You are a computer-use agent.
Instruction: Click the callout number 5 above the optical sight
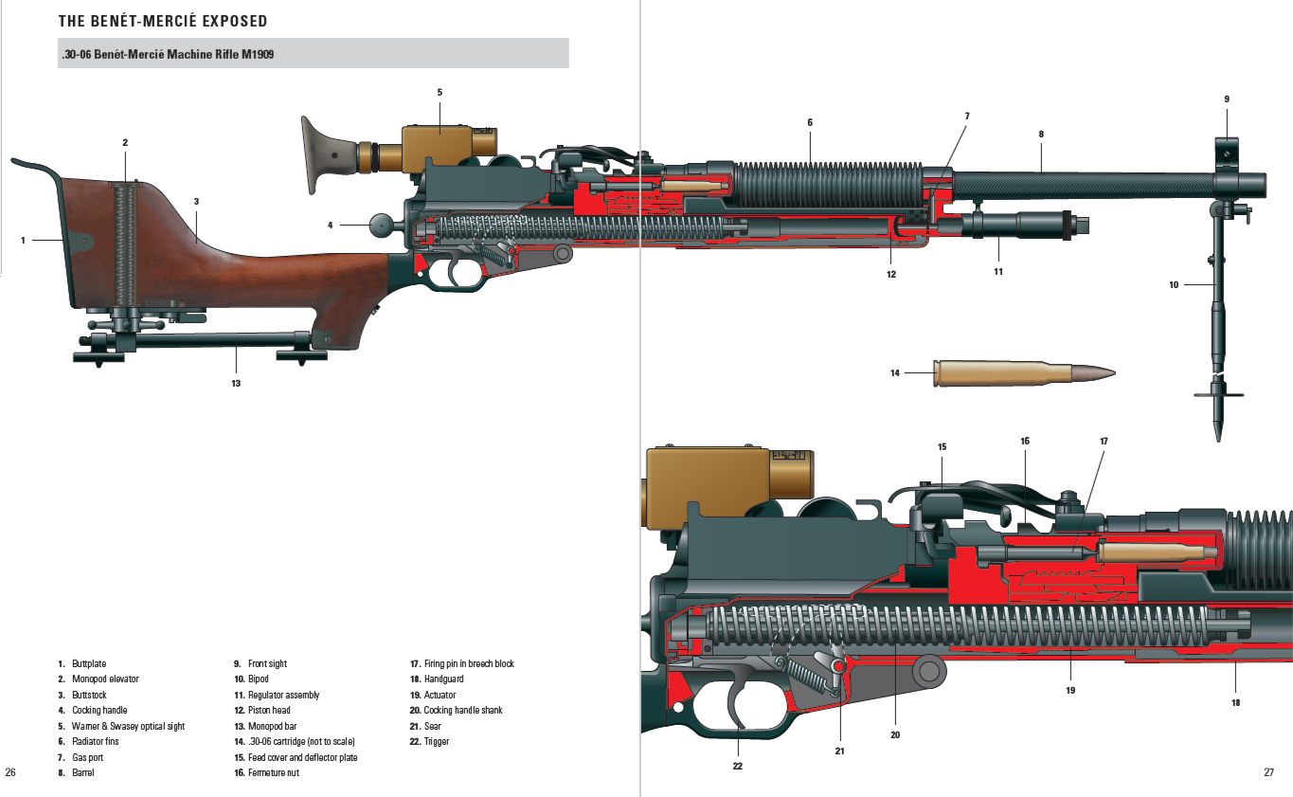[440, 92]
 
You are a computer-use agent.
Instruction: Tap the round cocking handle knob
[381, 226]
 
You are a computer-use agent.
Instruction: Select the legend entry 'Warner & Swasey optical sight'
[128, 726]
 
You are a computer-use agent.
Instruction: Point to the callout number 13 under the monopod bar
[235, 383]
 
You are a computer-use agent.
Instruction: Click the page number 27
[1268, 772]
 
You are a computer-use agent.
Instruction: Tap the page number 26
[10, 772]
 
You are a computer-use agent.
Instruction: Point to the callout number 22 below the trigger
[737, 766]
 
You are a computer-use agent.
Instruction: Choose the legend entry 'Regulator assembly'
[283, 695]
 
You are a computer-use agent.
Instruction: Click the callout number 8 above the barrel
[1041, 134]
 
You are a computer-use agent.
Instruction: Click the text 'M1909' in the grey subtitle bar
[256, 54]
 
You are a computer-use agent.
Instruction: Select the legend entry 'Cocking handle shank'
[462, 710]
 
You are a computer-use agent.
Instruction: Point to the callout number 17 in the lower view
[1104, 441]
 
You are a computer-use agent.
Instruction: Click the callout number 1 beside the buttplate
[23, 240]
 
